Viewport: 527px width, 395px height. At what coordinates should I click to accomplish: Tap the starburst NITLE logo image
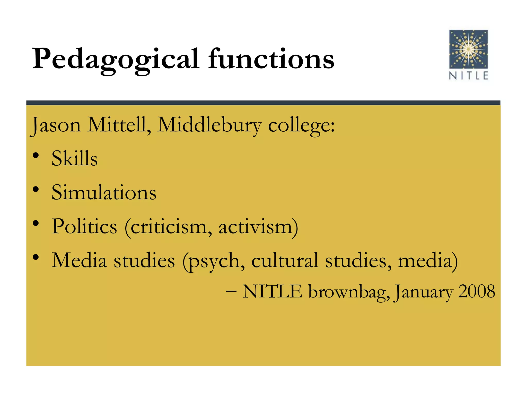(x=468, y=49)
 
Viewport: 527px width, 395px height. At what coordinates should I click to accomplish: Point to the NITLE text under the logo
(x=468, y=76)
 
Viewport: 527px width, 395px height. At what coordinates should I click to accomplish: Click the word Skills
(x=74, y=158)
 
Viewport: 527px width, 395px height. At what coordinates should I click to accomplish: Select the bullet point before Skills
(x=36, y=156)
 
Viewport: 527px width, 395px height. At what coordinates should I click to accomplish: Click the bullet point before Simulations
(x=36, y=190)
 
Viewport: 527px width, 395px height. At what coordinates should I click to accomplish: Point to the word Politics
(x=84, y=226)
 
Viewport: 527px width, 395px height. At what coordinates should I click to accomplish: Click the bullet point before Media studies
(x=36, y=257)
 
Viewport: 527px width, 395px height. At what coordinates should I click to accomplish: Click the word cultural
(x=285, y=260)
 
